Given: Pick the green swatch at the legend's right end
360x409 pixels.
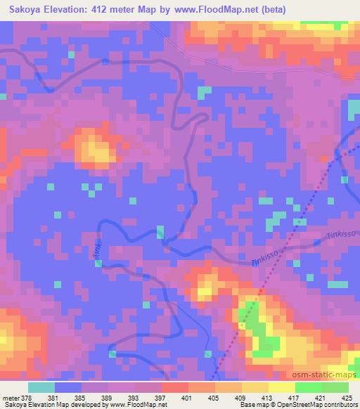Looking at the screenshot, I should [x=335, y=387].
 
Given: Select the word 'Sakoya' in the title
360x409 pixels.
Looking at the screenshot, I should [x=25, y=9].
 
